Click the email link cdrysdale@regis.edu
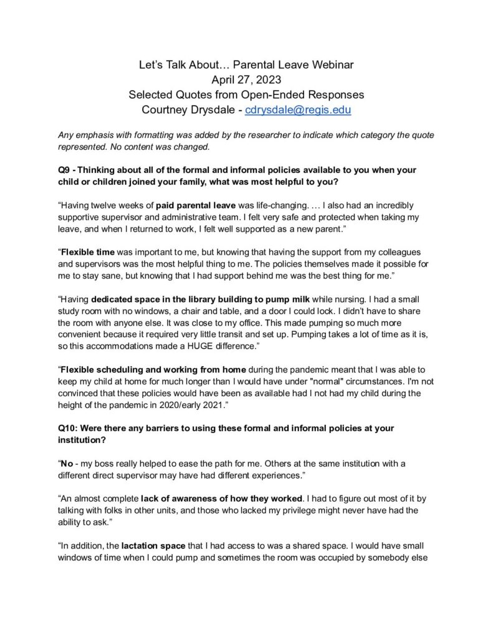pyautogui.click(x=298, y=110)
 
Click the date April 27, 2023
pyautogui.click(x=246, y=79)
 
